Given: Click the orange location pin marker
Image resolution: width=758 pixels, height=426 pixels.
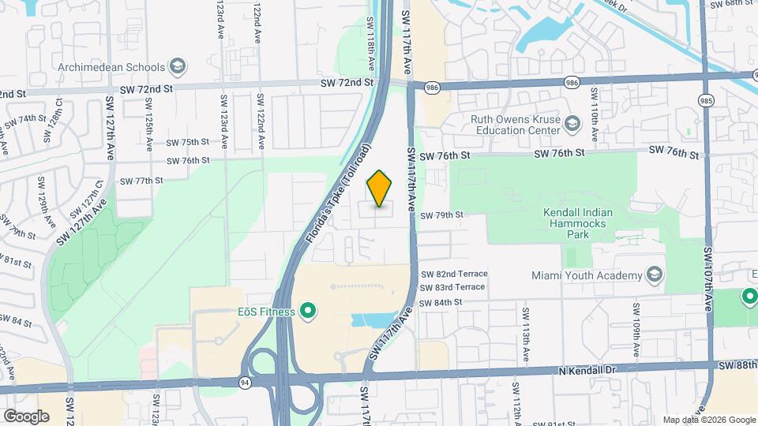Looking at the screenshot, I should pyautogui.click(x=380, y=189).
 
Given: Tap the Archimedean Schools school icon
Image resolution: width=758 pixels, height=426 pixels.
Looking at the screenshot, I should pyautogui.click(x=178, y=66).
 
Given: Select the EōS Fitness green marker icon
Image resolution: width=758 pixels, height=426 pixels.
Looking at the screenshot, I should pyautogui.click(x=309, y=312).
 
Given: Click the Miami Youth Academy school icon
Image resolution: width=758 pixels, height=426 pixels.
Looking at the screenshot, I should pyautogui.click(x=654, y=275).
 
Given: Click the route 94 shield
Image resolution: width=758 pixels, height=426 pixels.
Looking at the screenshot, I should pyautogui.click(x=246, y=382).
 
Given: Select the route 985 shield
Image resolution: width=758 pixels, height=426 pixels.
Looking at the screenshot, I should pyautogui.click(x=706, y=99).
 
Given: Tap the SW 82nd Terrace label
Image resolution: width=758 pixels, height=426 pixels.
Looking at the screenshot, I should pyautogui.click(x=454, y=274).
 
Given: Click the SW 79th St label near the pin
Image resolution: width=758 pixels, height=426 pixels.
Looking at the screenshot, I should pyautogui.click(x=441, y=215).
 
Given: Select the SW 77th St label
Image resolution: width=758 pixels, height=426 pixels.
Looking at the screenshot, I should pyautogui.click(x=136, y=181).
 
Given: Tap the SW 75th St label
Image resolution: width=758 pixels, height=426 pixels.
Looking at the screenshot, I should pyautogui.click(x=187, y=142).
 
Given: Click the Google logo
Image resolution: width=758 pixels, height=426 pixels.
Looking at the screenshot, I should pyautogui.click(x=25, y=416).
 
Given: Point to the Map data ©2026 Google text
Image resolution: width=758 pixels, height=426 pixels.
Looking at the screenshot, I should pyautogui.click(x=707, y=420).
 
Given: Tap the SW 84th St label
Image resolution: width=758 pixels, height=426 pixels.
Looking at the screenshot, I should pyautogui.click(x=441, y=303).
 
